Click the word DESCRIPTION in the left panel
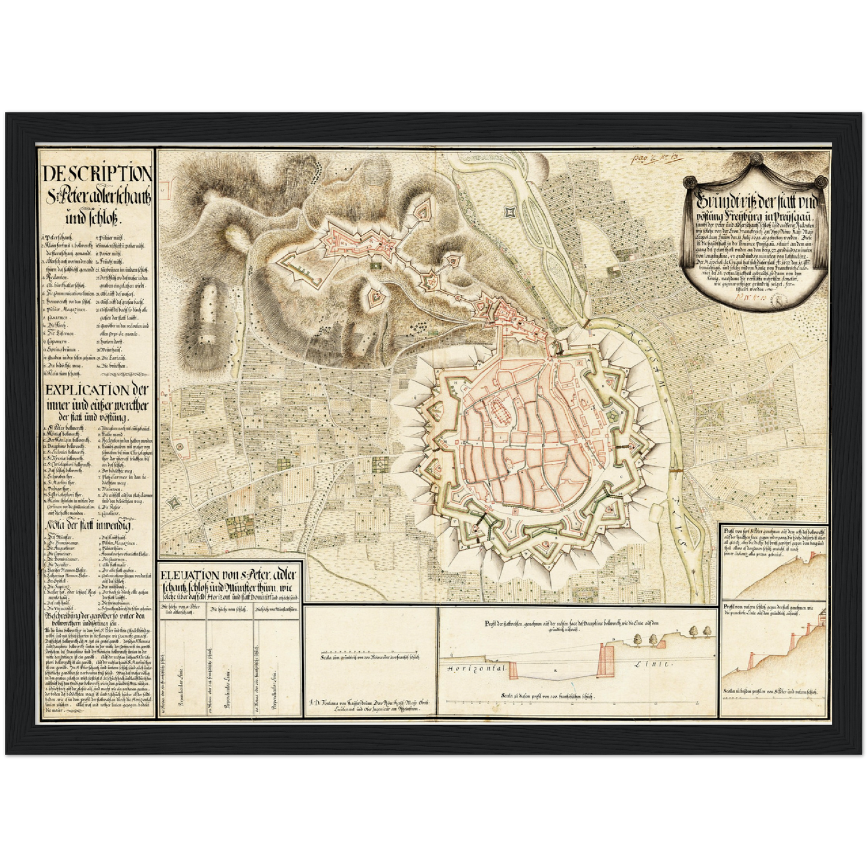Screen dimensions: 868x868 [97, 174]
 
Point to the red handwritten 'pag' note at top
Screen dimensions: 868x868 [639, 160]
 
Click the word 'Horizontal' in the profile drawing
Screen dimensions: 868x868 [475, 668]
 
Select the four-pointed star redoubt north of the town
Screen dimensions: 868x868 [510, 211]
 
